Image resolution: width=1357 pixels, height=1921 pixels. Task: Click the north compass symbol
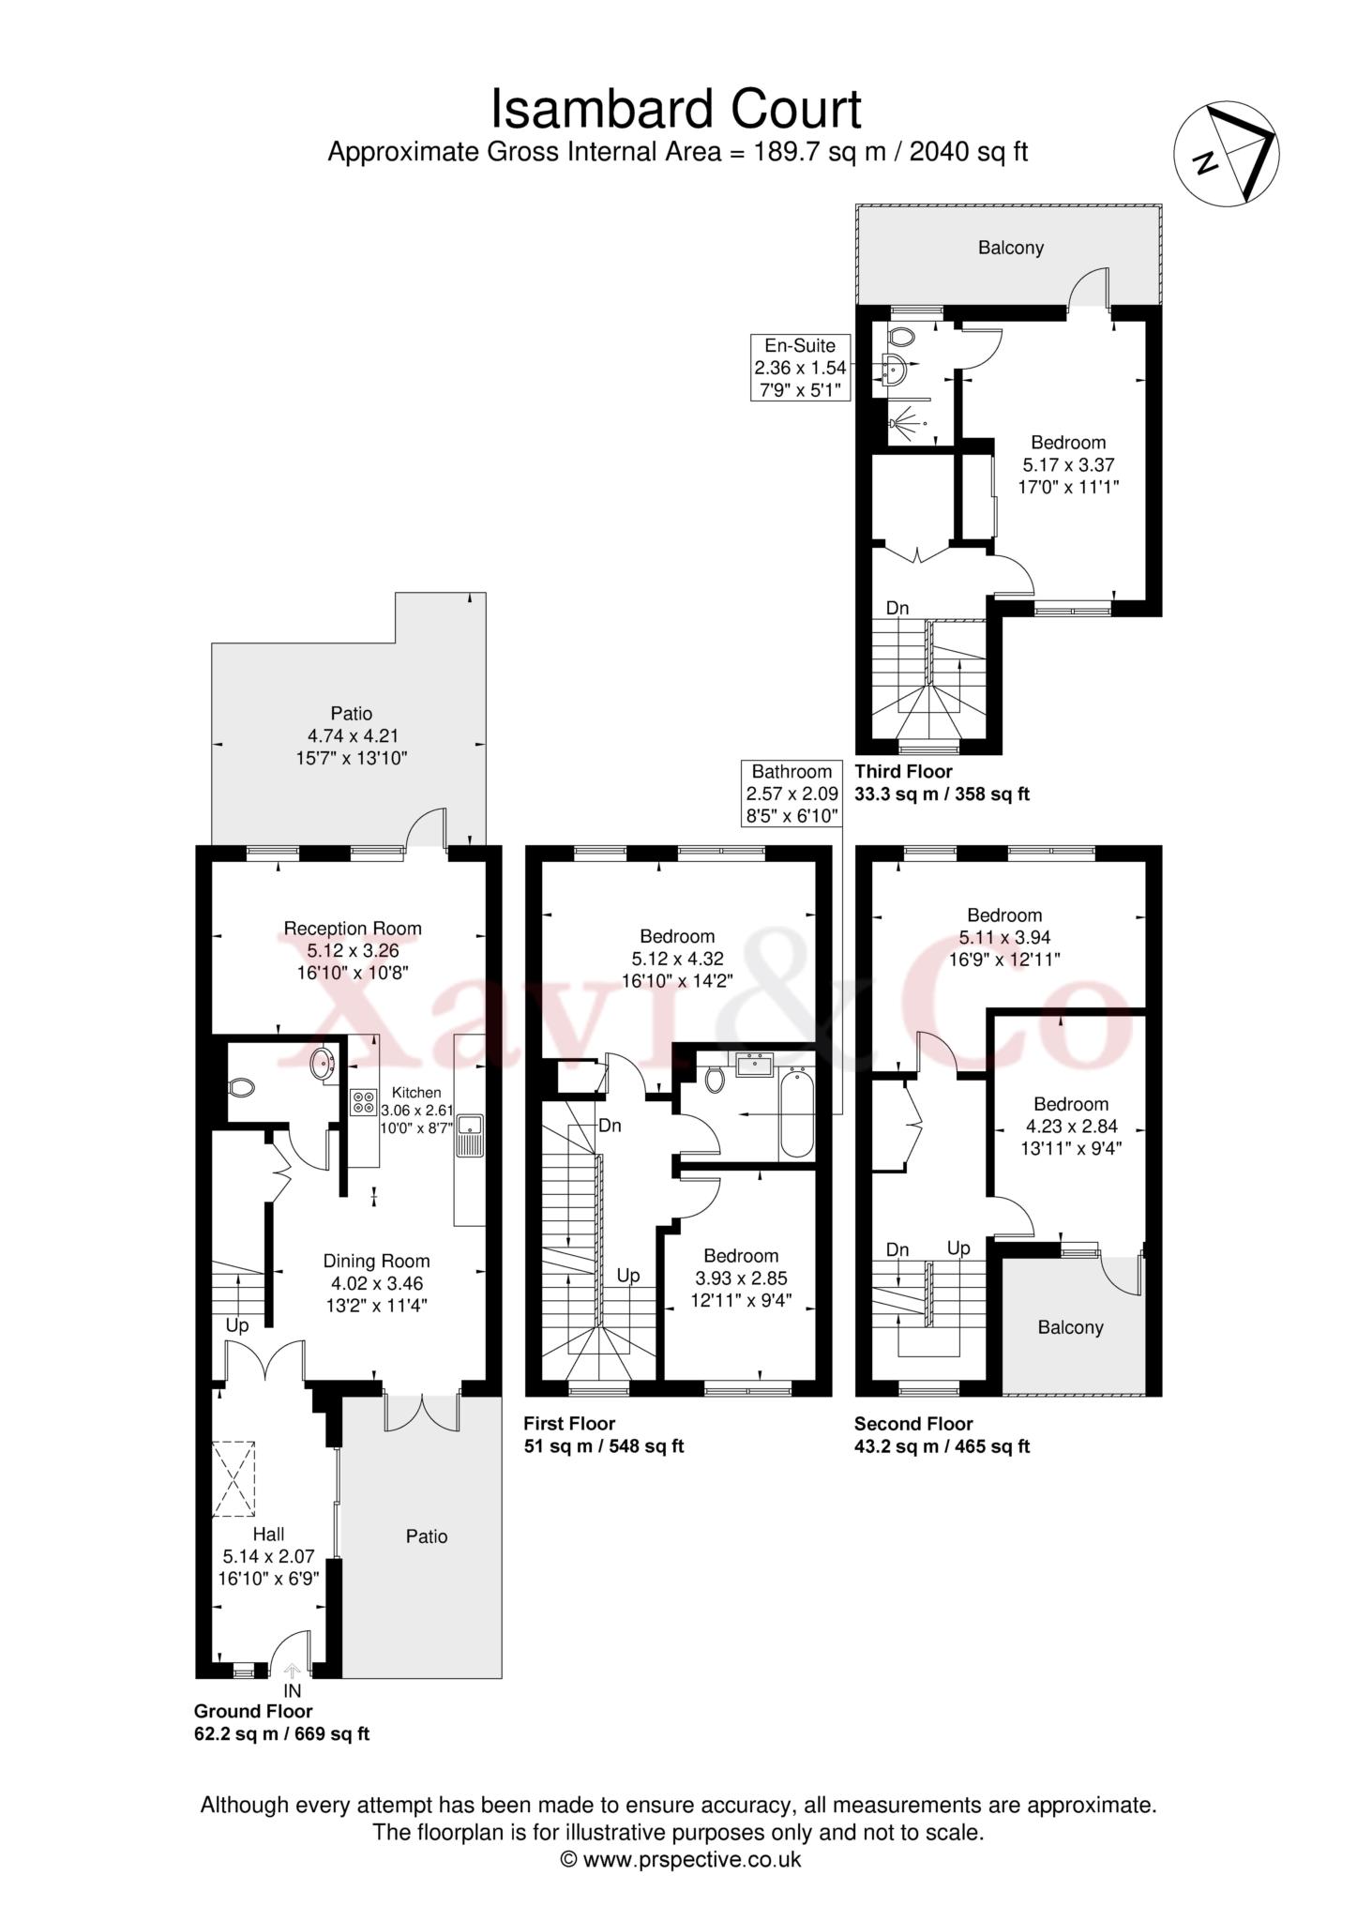[1227, 152]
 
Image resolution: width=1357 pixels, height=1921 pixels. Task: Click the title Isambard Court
[676, 109]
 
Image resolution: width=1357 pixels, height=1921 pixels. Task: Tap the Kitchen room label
[415, 1092]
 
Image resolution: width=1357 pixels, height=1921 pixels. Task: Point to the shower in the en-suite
[906, 421]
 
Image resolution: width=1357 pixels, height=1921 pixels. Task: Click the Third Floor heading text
[903, 771]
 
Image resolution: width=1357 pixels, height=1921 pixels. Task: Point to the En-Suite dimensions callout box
[800, 368]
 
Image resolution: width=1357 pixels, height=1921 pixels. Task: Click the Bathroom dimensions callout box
[792, 794]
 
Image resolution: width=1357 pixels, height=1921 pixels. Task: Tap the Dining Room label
[376, 1261]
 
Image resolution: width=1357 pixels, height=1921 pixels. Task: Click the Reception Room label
[353, 929]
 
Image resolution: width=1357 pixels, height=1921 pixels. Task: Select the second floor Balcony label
[1070, 1327]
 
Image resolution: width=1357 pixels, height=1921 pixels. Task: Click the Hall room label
[269, 1535]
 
